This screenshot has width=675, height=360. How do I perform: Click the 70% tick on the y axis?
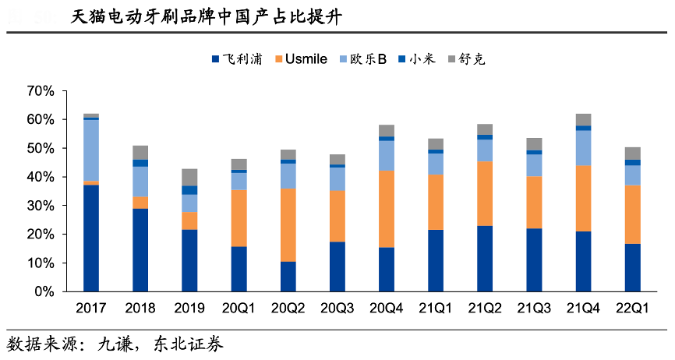(41, 91)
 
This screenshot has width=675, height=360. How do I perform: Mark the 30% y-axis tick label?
(41, 206)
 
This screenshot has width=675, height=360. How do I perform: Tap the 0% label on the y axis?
(44, 291)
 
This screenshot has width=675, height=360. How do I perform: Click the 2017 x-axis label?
(90, 308)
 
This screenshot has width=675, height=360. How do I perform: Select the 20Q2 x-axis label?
(288, 308)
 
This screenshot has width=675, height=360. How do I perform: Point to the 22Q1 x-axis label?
(633, 308)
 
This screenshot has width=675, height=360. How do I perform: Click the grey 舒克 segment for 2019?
(189, 177)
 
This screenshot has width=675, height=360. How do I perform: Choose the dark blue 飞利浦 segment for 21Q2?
(485, 258)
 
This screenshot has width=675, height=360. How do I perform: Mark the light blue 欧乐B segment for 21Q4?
(584, 148)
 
